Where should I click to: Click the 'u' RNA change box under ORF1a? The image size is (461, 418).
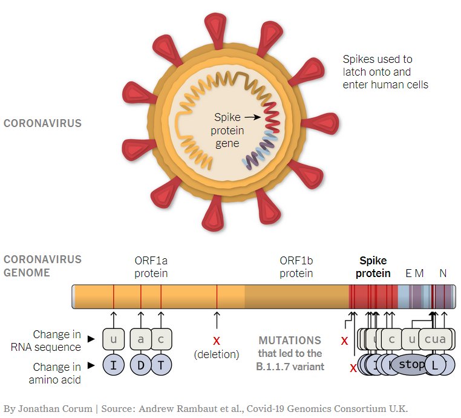click(113, 339)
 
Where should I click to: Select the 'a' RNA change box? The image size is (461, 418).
click(141, 339)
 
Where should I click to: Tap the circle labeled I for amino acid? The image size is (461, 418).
click(113, 365)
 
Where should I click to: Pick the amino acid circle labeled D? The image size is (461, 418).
click(141, 365)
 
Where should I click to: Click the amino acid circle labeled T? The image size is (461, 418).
click(161, 365)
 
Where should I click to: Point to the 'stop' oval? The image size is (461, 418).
click(412, 365)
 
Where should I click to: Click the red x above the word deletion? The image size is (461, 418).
click(217, 341)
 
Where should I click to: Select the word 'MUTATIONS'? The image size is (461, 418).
click(290, 341)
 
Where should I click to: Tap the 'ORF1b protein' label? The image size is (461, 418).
click(296, 267)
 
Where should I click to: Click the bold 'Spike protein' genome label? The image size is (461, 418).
click(373, 267)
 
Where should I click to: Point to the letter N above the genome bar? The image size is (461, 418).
click(443, 273)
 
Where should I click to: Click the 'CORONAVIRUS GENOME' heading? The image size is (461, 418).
click(42, 266)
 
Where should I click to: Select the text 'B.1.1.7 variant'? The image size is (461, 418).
click(290, 366)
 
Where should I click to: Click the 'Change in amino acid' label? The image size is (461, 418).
click(56, 373)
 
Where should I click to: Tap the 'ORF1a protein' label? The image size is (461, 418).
click(151, 267)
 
